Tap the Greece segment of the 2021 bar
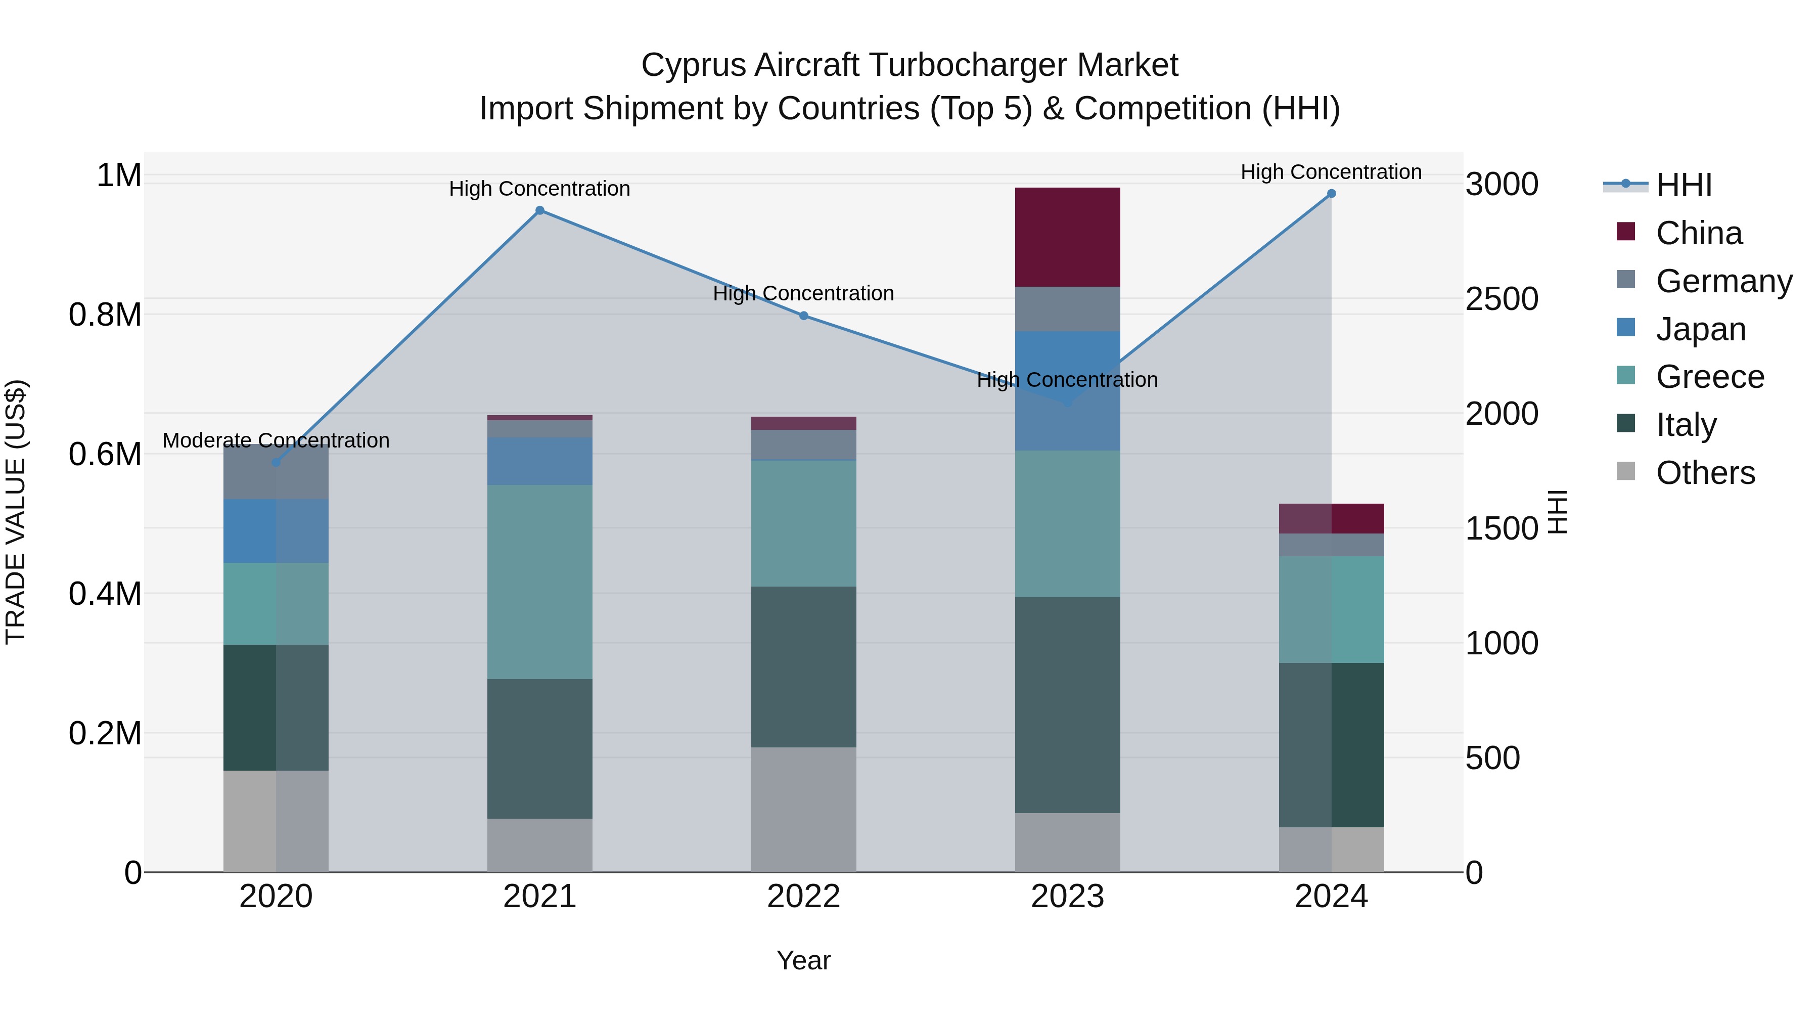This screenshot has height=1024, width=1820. (540, 582)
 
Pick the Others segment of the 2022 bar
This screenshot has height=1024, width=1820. (803, 809)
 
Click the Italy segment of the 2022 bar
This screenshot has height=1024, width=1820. (803, 666)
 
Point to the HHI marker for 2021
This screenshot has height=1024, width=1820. (540, 210)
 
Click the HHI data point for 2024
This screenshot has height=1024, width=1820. (1331, 194)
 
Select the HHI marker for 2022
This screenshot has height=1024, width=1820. (803, 316)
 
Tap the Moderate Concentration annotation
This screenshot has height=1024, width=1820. (276, 440)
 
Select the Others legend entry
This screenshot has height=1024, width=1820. (1704, 473)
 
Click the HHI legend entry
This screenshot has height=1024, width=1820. (1683, 185)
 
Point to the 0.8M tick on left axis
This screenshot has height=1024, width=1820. (105, 315)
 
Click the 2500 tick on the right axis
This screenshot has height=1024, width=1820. (1501, 299)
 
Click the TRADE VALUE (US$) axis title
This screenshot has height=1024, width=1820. (16, 512)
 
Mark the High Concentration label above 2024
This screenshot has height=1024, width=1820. (1331, 172)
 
